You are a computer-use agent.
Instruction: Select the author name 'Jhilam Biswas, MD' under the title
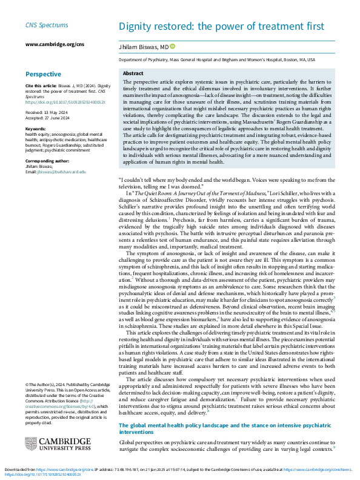143,46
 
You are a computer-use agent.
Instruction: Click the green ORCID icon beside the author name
172,46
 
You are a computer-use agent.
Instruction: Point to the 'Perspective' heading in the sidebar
43,74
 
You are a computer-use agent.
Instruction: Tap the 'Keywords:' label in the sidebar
36,129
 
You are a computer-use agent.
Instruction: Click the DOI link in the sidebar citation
56,102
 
